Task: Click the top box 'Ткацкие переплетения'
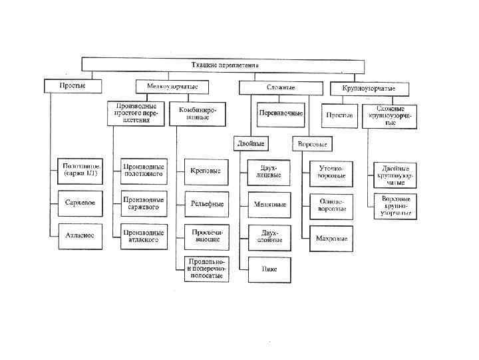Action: click(223, 65)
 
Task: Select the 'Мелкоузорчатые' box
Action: click(172, 87)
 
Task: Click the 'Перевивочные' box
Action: click(281, 113)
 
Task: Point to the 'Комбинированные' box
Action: click(198, 113)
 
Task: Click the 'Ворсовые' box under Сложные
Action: click(312, 143)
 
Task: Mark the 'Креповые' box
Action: click(205, 171)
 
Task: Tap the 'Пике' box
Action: click(269, 269)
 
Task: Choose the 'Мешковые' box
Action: click(269, 204)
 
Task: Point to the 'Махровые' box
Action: click(331, 238)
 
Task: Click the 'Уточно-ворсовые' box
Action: click(331, 173)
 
